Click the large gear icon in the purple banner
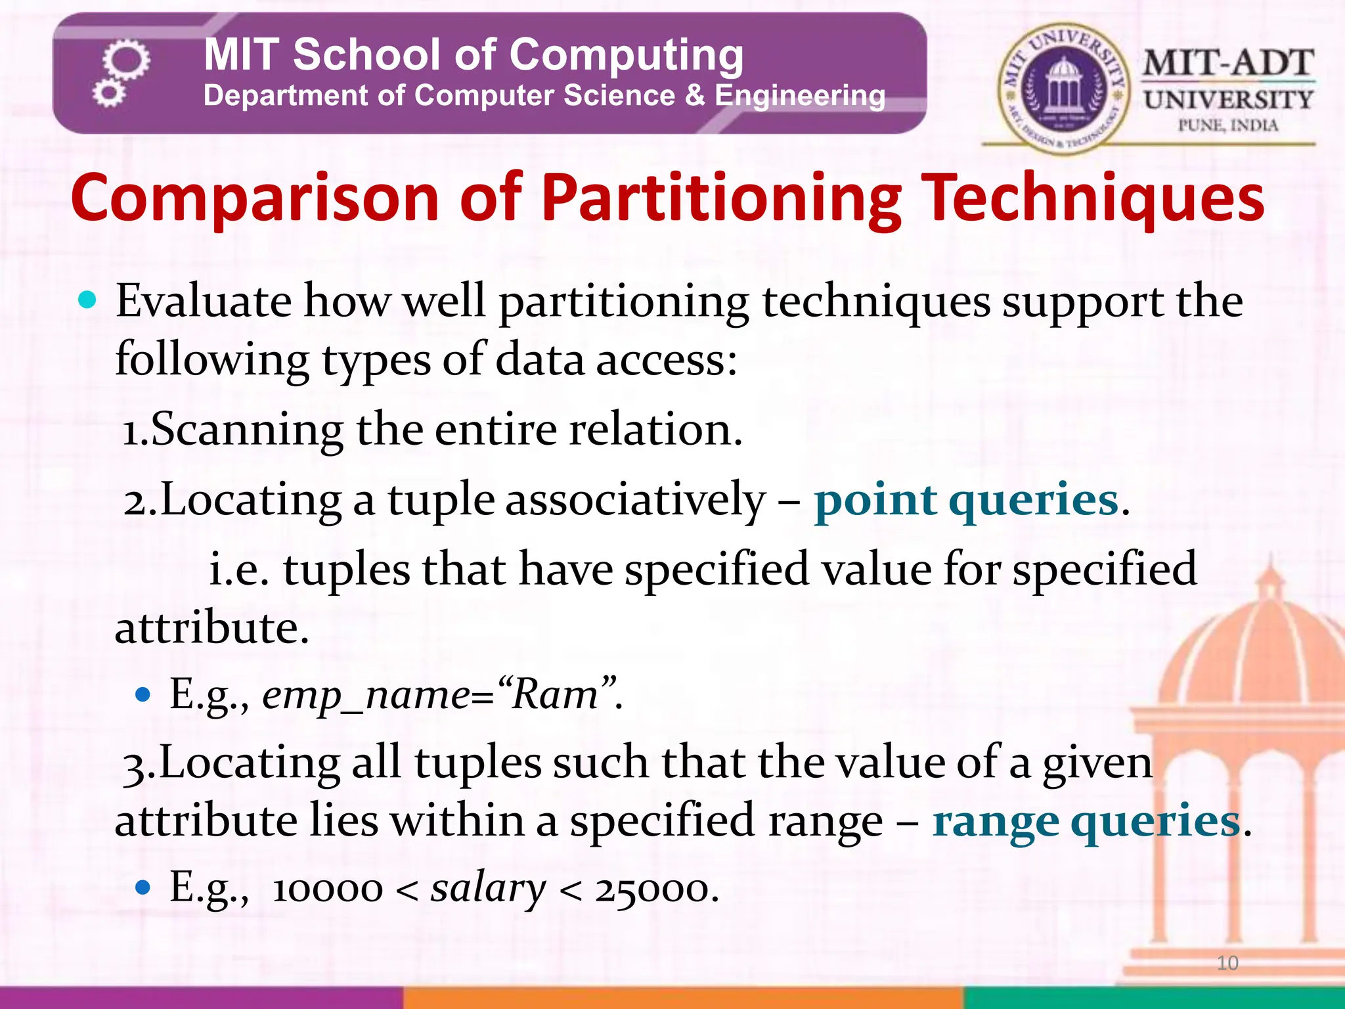coord(127,60)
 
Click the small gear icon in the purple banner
coord(108,93)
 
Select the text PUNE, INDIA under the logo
coord(1227,125)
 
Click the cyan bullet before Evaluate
coord(87,301)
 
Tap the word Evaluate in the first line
coord(204,302)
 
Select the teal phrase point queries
coord(966,501)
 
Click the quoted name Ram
coord(555,694)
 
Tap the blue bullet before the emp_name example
coord(143,695)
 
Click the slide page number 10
coord(1227,963)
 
